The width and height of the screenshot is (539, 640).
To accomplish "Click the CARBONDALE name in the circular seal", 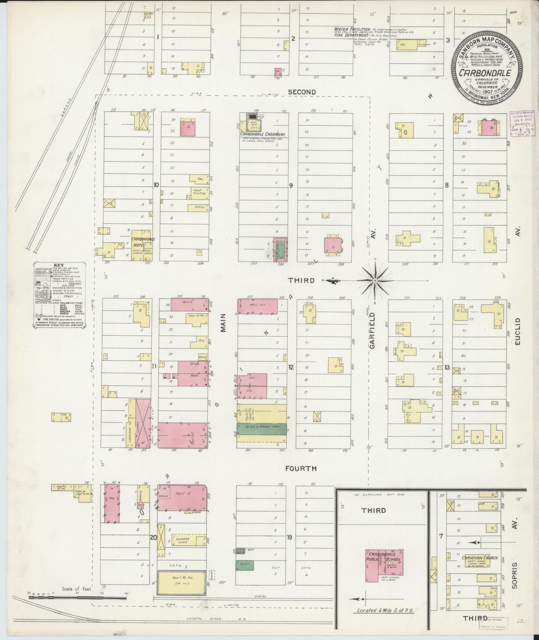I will click(485, 73).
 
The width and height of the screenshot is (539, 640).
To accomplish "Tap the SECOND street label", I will click(302, 92).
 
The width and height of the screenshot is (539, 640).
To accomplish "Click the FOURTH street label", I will click(301, 468).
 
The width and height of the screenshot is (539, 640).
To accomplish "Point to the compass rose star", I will click(375, 280).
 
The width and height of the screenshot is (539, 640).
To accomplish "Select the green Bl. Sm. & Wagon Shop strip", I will click(262, 429).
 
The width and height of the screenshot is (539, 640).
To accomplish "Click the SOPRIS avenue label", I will click(515, 583).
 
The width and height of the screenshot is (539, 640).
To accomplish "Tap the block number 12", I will click(291, 367).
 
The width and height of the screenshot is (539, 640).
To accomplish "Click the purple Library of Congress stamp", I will click(521, 124).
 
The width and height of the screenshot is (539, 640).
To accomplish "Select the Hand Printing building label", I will click(197, 192).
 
